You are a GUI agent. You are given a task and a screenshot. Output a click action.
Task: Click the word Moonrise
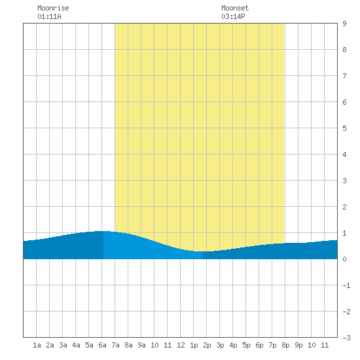[x=53, y=8]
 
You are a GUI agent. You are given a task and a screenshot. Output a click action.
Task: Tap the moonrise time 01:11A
[x=49, y=16]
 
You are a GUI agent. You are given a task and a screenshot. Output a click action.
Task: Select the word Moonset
[x=235, y=8]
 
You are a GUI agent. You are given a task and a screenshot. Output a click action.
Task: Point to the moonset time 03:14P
[x=233, y=16]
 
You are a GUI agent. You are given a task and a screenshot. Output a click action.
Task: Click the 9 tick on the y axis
[x=344, y=24]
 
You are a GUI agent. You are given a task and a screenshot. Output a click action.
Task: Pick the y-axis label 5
[x=344, y=128]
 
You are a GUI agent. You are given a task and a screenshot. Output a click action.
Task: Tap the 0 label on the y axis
[x=344, y=259]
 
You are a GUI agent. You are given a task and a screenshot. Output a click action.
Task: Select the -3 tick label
[x=346, y=338]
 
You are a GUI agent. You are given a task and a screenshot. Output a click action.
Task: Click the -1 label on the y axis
[x=346, y=285]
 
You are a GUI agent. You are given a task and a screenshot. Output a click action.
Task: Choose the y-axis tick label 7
[x=344, y=76]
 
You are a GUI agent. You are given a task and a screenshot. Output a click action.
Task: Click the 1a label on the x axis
[x=37, y=345]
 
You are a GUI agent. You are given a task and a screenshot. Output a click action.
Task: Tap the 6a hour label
[x=102, y=345]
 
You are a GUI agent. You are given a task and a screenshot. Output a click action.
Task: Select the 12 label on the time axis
[x=181, y=345]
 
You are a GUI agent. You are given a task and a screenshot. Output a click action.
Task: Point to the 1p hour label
[x=194, y=345]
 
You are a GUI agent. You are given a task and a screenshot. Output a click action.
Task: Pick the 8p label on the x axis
[x=285, y=345]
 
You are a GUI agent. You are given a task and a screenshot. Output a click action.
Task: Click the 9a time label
[x=141, y=345]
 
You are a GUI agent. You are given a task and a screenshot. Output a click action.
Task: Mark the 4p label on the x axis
[x=233, y=345]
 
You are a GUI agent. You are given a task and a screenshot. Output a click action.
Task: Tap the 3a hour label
[x=63, y=345]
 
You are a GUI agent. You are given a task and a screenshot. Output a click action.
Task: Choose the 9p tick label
[x=298, y=345]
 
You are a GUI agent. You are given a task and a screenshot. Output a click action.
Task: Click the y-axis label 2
[x=344, y=207]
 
